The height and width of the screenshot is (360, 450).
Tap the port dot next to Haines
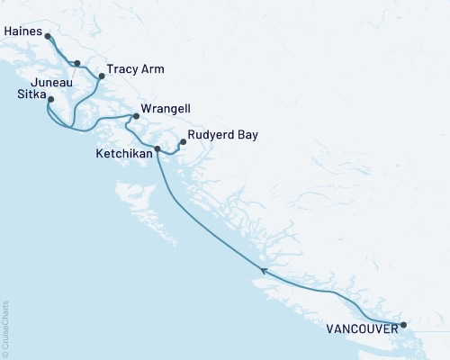pos(47,37)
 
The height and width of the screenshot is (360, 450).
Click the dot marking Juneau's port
pos(77,63)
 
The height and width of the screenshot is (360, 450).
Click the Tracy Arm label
pos(135,68)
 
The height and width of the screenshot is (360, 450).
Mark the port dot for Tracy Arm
pos(102,76)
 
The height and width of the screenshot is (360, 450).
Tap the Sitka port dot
pos(50,99)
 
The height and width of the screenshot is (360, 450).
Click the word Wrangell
pos(166,107)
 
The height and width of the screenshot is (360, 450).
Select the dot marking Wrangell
pos(136,116)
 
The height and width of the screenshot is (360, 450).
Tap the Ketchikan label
pos(122,154)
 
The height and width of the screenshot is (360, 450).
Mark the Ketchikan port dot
pos(157,148)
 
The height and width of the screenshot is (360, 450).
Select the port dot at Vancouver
pos(403,325)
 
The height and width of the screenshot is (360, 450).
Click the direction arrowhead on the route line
pos(263,270)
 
